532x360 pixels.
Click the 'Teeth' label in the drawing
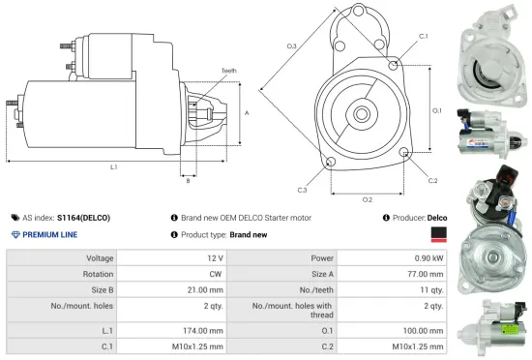(228, 71)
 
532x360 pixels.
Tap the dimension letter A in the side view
(248, 113)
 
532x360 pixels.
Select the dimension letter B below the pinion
(188, 181)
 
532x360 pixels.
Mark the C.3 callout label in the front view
(302, 190)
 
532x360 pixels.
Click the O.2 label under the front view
(368, 199)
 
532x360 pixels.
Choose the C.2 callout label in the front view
(432, 181)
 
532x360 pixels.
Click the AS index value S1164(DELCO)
(83, 219)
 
